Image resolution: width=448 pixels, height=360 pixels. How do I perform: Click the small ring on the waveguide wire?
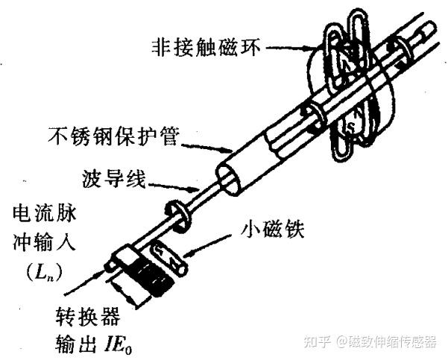pyautogui.click(x=177, y=212)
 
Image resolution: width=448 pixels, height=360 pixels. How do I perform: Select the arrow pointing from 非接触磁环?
pyautogui.click(x=285, y=49)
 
